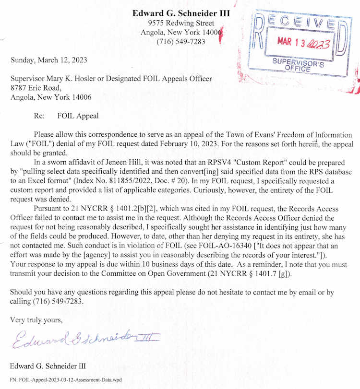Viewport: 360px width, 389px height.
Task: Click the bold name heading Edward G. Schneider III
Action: coord(181,13)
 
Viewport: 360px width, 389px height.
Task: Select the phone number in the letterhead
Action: coord(181,42)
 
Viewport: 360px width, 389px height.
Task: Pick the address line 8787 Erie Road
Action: coord(36,88)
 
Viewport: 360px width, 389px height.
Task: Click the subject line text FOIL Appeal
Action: coord(78,116)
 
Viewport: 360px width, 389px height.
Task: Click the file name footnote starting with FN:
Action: coord(66,380)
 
